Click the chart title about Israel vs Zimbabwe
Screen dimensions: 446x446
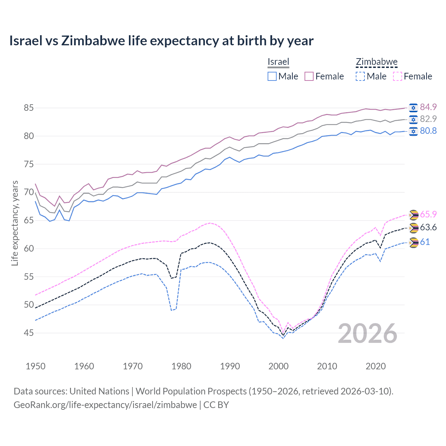click(x=161, y=41)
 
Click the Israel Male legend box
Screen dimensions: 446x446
click(x=272, y=76)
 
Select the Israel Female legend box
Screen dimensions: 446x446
click(x=309, y=76)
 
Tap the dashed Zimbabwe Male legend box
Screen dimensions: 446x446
click(x=360, y=76)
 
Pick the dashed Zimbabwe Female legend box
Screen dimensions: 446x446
click(x=398, y=76)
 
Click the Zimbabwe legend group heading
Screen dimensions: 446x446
click(x=376, y=62)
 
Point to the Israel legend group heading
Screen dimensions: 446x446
click(x=278, y=62)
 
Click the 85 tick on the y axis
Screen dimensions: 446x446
click(x=29, y=108)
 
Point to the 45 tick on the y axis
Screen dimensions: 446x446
click(x=29, y=333)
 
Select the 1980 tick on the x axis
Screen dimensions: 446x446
click(x=181, y=366)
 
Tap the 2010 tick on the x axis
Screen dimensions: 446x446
click(x=327, y=366)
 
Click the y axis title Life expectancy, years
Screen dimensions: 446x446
click(x=15, y=223)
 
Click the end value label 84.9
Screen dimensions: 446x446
click(x=428, y=107)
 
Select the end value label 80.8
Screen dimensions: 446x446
click(x=428, y=131)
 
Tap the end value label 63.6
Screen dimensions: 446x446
click(x=428, y=228)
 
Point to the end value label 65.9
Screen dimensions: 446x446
click(x=428, y=214)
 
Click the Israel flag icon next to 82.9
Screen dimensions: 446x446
click(x=413, y=119)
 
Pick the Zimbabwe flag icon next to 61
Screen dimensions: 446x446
click(x=413, y=243)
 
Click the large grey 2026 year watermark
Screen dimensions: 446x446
click(x=368, y=333)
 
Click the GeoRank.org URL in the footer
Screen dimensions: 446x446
click(x=105, y=405)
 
